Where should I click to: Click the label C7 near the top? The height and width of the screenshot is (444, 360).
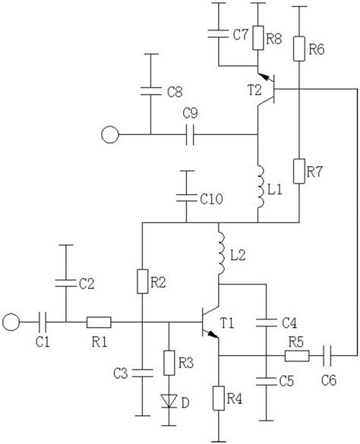241,35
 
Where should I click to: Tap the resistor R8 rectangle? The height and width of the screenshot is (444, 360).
258,36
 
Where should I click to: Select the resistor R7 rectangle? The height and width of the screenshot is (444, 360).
301,169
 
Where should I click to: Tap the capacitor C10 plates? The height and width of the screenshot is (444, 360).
186,199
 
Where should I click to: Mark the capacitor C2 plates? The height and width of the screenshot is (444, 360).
66,283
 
